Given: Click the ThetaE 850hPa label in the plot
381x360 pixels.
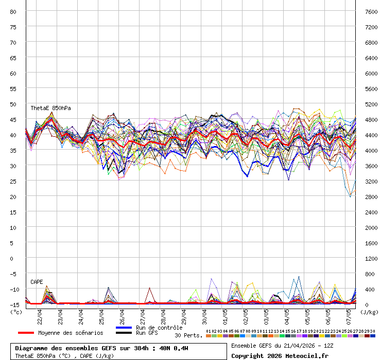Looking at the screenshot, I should [x=50, y=109].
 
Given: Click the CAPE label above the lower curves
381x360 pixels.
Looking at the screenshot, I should [x=37, y=282].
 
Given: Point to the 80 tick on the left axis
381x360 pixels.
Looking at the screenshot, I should [x=14, y=11].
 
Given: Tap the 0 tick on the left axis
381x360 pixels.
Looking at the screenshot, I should [x=14, y=258].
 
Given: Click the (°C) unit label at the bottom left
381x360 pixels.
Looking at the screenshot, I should [x=16, y=312].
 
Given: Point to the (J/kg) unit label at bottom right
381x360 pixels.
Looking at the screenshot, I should [x=369, y=312].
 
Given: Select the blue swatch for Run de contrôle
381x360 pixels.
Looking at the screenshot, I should [x=124, y=328].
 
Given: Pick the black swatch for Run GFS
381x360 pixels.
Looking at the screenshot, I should [x=124, y=333].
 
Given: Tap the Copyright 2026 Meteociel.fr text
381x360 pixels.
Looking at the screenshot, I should [x=280, y=355].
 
